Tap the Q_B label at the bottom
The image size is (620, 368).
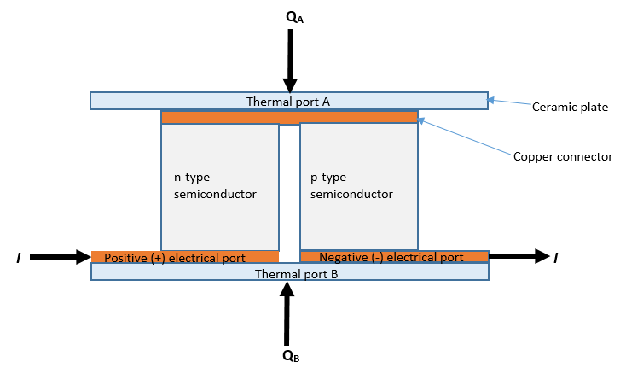(x=291, y=356)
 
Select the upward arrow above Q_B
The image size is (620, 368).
(x=287, y=313)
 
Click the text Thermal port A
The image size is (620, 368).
(x=288, y=102)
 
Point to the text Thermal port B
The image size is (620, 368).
(x=290, y=274)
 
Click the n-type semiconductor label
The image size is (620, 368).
(x=215, y=187)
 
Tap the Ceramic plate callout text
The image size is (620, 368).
(x=569, y=107)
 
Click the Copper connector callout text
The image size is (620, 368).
(x=563, y=156)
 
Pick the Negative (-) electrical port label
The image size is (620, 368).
(x=392, y=256)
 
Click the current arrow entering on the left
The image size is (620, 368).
(x=60, y=256)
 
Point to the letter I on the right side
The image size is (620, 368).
(x=556, y=256)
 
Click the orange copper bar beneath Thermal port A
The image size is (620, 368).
(x=289, y=117)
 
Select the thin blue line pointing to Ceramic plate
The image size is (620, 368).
(x=508, y=103)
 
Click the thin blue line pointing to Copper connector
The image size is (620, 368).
(x=465, y=137)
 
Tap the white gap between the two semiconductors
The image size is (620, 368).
(x=289, y=188)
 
